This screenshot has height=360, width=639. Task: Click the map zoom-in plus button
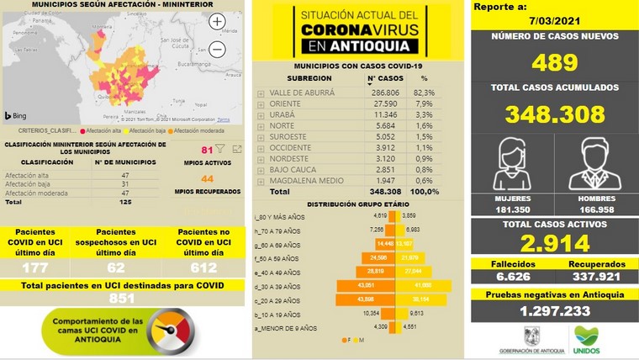pos(217,22)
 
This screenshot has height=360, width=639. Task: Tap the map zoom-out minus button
pos(217,50)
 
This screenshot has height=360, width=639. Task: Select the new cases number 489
pos(553,63)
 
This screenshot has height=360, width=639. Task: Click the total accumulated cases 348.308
pos(553,114)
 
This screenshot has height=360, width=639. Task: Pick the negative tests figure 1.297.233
pos(553,311)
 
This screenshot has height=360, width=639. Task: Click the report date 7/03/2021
pos(553,19)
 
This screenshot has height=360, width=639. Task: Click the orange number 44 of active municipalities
pos(207,178)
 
